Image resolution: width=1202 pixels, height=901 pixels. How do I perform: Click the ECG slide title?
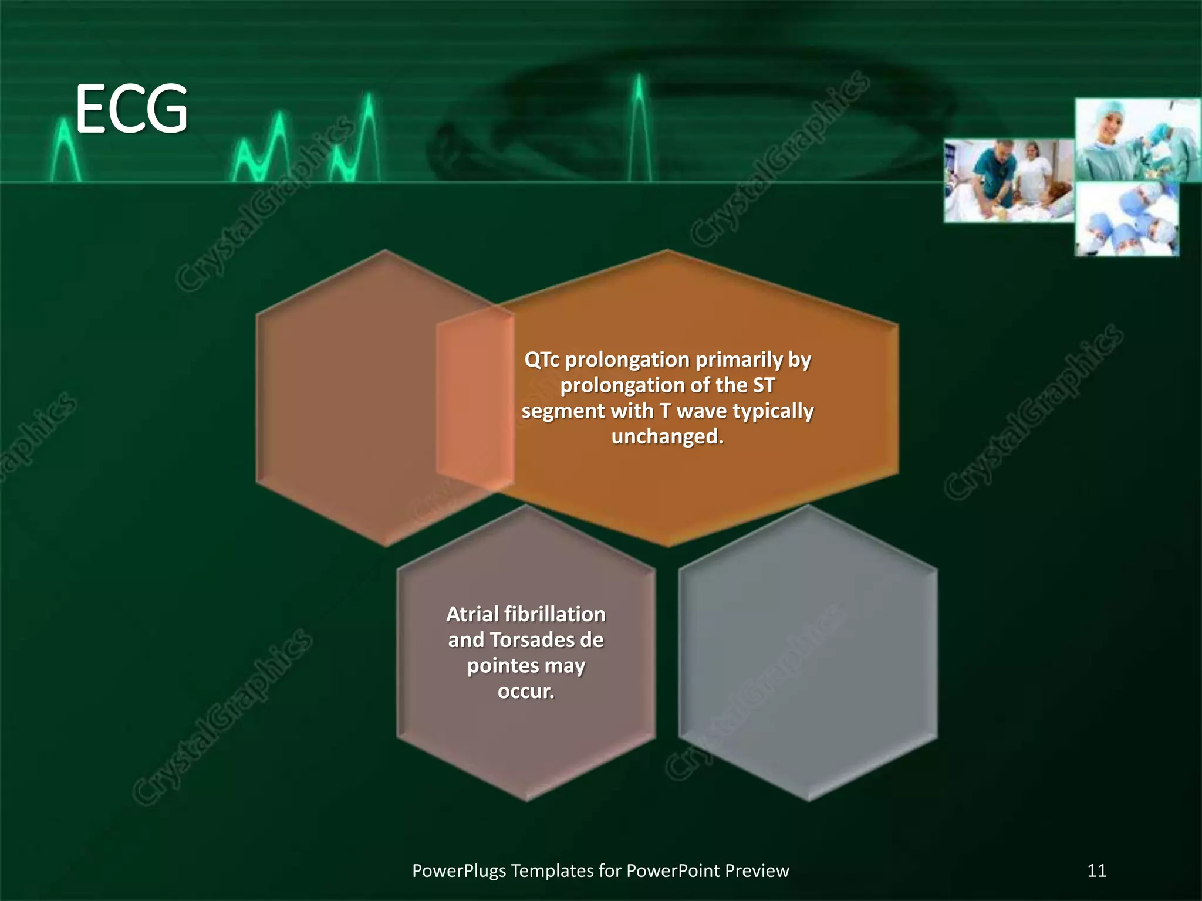click(x=131, y=109)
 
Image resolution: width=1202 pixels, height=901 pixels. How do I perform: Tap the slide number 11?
click(x=1096, y=870)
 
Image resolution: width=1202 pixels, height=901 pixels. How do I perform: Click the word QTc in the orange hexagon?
click(x=541, y=360)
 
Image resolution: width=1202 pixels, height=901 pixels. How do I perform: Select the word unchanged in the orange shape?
click(x=667, y=436)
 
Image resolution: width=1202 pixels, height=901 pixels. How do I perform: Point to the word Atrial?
click(x=472, y=614)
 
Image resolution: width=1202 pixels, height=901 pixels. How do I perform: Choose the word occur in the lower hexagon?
click(x=525, y=692)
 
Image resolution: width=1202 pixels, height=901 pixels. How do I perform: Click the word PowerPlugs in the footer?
click(x=458, y=870)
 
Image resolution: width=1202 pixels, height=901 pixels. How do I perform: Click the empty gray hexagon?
click(x=808, y=652)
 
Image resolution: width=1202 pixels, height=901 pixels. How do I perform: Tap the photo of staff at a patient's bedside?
click(x=1008, y=180)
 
